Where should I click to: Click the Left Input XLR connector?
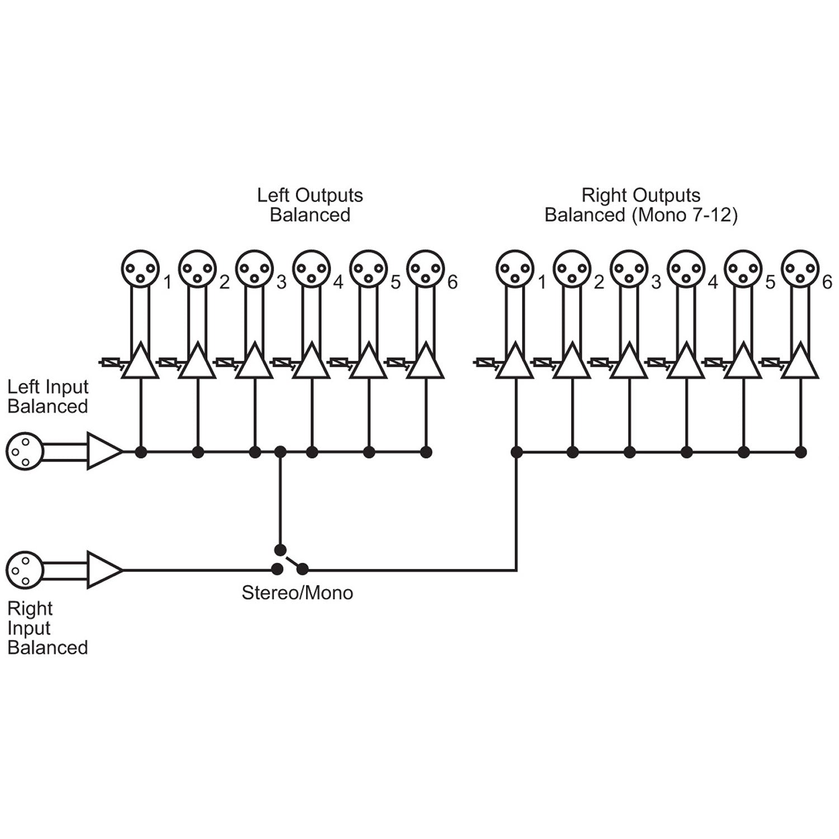pyautogui.click(x=24, y=451)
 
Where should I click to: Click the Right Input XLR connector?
pyautogui.click(x=24, y=570)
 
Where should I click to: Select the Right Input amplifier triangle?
pyautogui.click(x=104, y=570)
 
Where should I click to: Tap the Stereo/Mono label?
pyautogui.click(x=297, y=593)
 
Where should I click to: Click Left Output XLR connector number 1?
pyautogui.click(x=140, y=268)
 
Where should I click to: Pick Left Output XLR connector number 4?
pyautogui.click(x=311, y=268)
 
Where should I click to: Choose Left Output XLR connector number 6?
pyautogui.click(x=425, y=268)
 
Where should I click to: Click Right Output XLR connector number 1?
pyautogui.click(x=515, y=268)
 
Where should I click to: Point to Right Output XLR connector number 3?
pyautogui.click(x=629, y=268)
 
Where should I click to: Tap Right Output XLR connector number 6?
pyautogui.click(x=800, y=268)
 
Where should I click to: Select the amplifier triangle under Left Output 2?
pyautogui.click(x=197, y=362)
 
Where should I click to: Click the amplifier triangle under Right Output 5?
pyautogui.click(x=743, y=362)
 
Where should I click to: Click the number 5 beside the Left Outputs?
pyautogui.click(x=395, y=283)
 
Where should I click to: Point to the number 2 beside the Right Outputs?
pyautogui.click(x=599, y=283)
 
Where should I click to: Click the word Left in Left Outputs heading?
pyautogui.click(x=274, y=195)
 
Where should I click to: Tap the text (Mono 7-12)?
pyautogui.click(x=684, y=215)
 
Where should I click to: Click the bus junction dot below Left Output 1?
pyautogui.click(x=141, y=452)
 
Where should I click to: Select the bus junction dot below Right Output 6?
pyautogui.click(x=801, y=452)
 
